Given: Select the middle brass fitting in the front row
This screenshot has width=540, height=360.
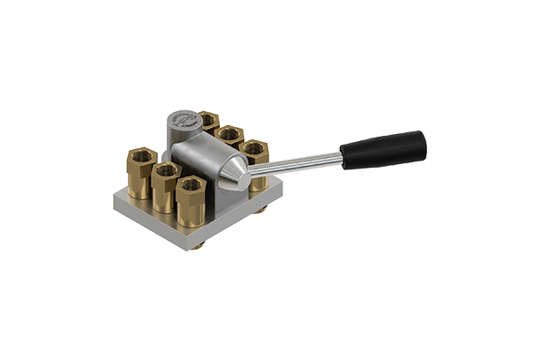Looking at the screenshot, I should click(166, 187).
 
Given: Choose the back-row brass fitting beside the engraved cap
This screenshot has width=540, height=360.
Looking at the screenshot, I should click(209, 122).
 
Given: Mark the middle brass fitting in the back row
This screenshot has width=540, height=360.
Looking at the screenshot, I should click(230, 136).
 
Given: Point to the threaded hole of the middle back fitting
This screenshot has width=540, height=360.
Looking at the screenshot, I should click(230, 132).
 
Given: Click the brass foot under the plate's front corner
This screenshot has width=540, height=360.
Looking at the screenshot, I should click(200, 244).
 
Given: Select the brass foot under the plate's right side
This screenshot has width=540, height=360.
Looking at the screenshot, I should click(263, 210).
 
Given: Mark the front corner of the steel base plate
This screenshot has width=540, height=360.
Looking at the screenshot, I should click(189, 242).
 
